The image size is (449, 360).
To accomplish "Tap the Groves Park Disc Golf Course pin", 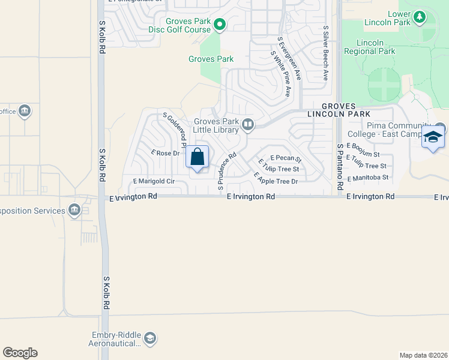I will (220, 25).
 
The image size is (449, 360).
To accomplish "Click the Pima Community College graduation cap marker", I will (433, 138).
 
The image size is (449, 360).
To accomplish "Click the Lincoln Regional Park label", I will (369, 47).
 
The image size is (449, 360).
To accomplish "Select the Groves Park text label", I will (211, 59).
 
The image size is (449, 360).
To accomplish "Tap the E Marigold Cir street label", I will (154, 181).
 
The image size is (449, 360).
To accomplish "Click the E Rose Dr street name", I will (166, 153).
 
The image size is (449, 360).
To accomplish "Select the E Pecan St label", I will (285, 158).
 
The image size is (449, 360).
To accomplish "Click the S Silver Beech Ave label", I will (325, 53).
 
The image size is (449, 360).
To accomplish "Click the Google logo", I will (20, 353).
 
